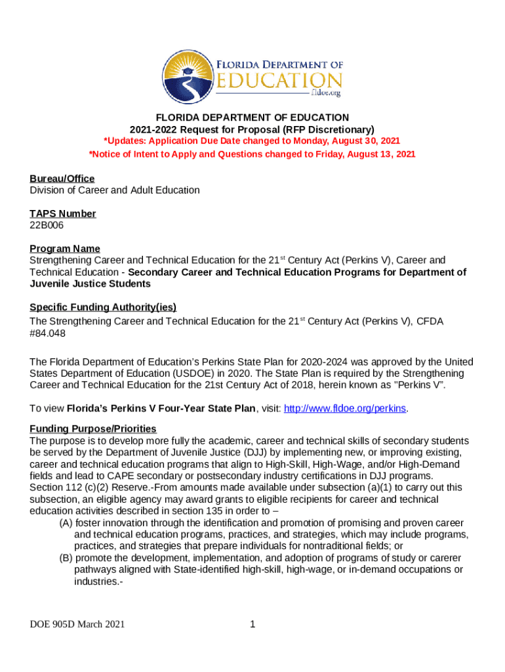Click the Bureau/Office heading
point(62,178)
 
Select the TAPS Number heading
point(63,213)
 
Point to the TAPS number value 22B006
point(47,225)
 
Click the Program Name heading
point(65,248)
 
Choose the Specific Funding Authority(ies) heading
point(103,307)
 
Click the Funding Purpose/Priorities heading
point(93,429)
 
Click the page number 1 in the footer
point(253,624)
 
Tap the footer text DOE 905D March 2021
point(77,624)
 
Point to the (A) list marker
point(66,523)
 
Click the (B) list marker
point(66,558)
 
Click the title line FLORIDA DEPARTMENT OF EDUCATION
point(253,117)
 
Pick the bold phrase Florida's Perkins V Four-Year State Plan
point(161,408)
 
